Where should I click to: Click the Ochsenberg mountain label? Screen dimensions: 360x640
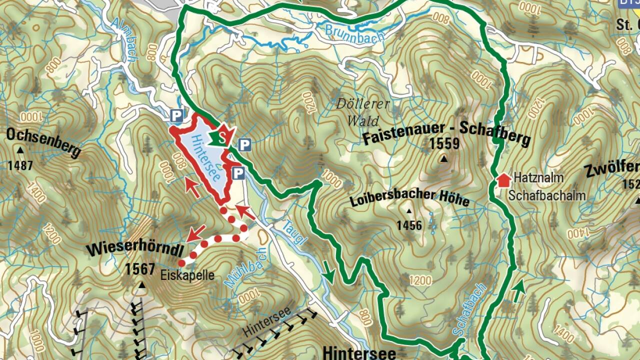point(43,142)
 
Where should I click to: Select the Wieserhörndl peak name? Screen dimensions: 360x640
point(134,249)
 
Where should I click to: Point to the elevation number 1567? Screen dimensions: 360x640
point(140,269)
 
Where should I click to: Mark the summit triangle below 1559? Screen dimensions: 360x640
point(443,159)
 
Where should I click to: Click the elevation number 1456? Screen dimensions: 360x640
point(409,225)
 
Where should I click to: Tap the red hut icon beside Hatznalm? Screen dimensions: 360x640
point(503,179)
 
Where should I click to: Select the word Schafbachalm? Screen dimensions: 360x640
point(547,195)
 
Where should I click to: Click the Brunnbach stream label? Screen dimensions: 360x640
point(354,33)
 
